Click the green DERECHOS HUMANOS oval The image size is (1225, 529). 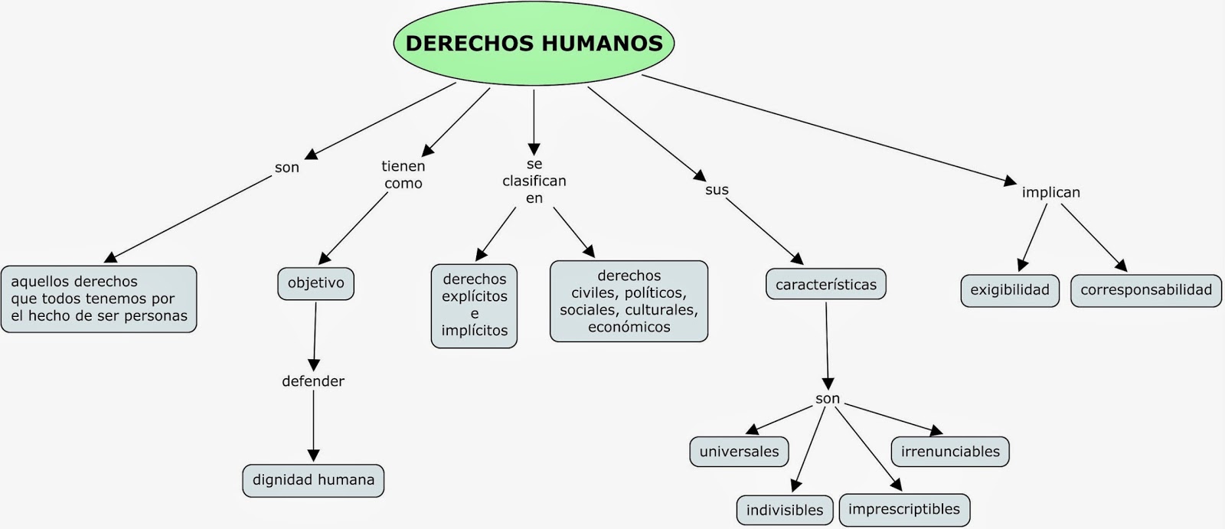point(534,43)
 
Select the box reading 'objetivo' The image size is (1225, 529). point(315,283)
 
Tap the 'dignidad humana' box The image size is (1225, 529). point(313,480)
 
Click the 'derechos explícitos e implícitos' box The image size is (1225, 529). point(474,305)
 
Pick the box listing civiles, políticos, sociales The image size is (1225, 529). point(629,301)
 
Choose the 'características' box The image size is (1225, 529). point(825,285)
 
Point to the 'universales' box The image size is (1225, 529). point(739,452)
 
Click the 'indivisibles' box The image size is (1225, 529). point(785,510)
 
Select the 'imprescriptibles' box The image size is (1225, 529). point(904,510)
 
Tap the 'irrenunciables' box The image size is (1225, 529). point(950,452)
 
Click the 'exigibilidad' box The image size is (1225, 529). point(1010,291)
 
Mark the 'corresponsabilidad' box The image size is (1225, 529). point(1146,291)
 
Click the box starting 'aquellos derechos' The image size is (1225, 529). point(99,299)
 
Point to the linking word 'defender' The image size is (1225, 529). point(313,381)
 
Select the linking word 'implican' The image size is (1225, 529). point(1050,192)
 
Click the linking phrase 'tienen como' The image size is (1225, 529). point(403,175)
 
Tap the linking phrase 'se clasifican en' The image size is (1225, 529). point(534,181)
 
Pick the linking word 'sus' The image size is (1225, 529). point(717,190)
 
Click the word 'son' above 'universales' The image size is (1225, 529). point(828,399)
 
